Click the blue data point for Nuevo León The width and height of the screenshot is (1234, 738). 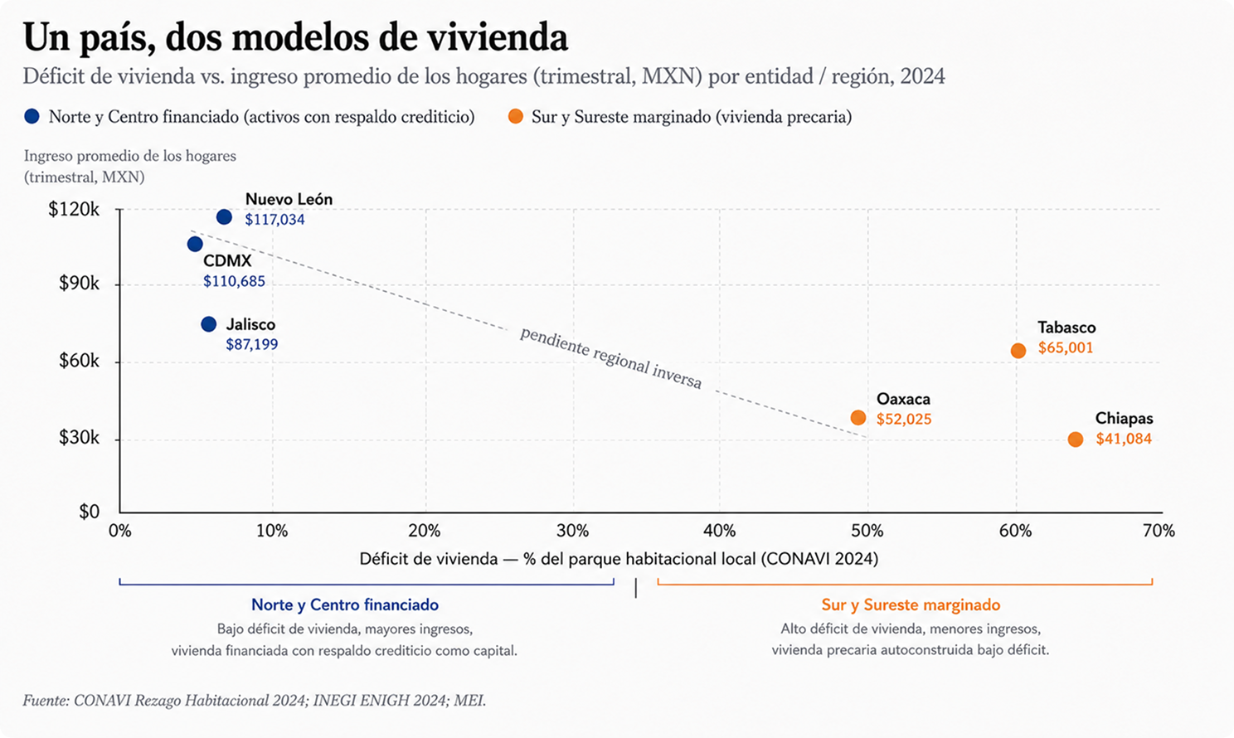tap(224, 217)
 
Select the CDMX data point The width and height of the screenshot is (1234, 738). tap(194, 244)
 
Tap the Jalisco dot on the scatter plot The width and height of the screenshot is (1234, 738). tap(208, 324)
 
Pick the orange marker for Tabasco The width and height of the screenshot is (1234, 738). tap(1018, 351)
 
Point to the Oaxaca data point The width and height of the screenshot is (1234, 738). tap(857, 417)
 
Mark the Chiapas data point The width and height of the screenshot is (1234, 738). tap(1076, 439)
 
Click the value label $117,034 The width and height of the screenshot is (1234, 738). tap(274, 220)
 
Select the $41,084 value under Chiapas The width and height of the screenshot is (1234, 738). tap(1124, 439)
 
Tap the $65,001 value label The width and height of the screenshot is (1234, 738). tap(1066, 348)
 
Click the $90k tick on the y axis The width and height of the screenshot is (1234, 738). tap(80, 284)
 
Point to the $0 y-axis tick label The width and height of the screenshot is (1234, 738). tap(90, 512)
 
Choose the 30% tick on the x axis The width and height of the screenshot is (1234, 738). tap(573, 531)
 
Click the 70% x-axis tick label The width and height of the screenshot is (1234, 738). tap(1159, 531)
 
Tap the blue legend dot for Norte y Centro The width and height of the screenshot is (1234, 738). tap(32, 116)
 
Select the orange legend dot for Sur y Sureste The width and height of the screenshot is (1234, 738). tap(516, 116)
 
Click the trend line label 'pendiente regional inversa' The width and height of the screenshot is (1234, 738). tap(611, 358)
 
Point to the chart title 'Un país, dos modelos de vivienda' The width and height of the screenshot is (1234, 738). tap(295, 37)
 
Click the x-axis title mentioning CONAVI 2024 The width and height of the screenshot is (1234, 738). tap(619, 559)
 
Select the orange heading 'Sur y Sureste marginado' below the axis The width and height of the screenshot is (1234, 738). tap(911, 604)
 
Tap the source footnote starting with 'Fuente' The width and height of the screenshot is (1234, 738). tap(255, 701)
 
